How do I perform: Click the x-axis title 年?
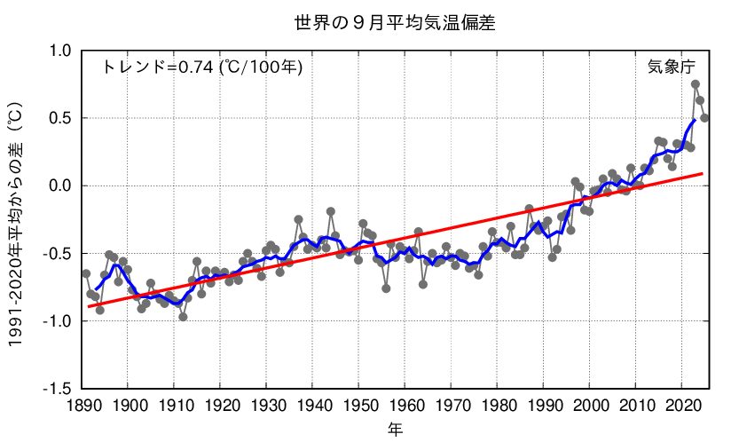pyautogui.click(x=395, y=430)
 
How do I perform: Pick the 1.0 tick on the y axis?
pyautogui.click(x=60, y=51)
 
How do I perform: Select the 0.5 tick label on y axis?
pyautogui.click(x=60, y=118)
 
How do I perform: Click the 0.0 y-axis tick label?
pyautogui.click(x=60, y=185)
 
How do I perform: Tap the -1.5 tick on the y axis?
pyautogui.click(x=58, y=389)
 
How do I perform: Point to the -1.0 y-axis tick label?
pyautogui.click(x=58, y=321)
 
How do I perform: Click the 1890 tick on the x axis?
pyautogui.click(x=82, y=406)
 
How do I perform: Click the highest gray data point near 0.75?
pyautogui.click(x=696, y=84)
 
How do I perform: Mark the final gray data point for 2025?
pyautogui.click(x=704, y=118)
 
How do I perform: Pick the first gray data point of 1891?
pyautogui.click(x=86, y=273)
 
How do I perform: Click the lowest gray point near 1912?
pyautogui.click(x=183, y=316)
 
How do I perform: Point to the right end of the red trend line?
pyautogui.click(x=703, y=174)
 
